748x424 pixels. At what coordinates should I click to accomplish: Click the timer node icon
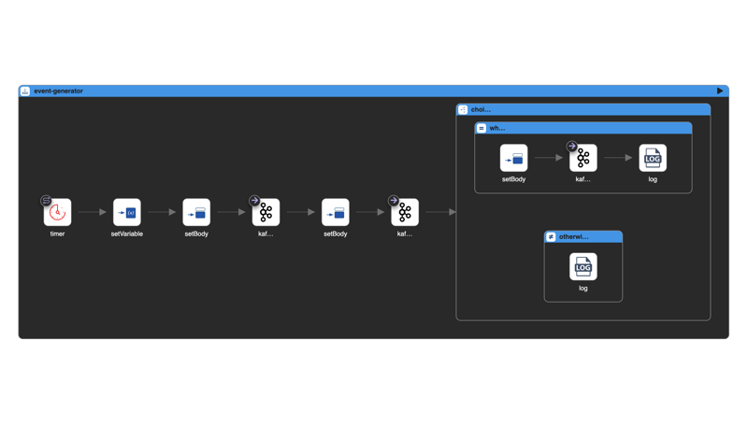tap(58, 213)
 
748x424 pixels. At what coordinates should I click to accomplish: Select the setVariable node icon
tap(127, 213)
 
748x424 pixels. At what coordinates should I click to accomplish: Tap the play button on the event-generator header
tap(720, 91)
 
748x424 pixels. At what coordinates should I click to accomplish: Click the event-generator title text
tap(58, 91)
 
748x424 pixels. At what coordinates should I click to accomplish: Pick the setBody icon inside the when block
tap(513, 158)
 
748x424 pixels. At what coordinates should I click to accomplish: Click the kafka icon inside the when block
tap(583, 158)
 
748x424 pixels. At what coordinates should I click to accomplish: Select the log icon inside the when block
tap(653, 158)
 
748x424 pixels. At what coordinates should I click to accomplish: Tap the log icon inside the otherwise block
tap(583, 267)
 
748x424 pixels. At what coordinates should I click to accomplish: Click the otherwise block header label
tap(573, 237)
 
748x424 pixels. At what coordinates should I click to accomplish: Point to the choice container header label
tap(481, 109)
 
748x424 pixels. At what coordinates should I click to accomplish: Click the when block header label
tap(497, 128)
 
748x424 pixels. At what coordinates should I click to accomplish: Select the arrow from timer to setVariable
tap(92, 212)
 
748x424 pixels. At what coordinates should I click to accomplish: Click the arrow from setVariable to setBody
tap(162, 212)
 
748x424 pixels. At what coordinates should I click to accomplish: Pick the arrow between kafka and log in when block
tap(618, 158)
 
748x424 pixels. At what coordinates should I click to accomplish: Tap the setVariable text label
tap(127, 233)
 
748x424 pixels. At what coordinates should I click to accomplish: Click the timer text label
tap(57, 233)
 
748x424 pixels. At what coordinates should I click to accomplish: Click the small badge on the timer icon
tap(46, 201)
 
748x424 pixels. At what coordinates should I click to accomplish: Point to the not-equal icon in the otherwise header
tap(551, 237)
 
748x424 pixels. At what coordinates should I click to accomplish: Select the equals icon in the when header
tap(482, 128)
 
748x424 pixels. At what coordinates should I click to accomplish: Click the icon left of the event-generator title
tap(25, 91)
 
